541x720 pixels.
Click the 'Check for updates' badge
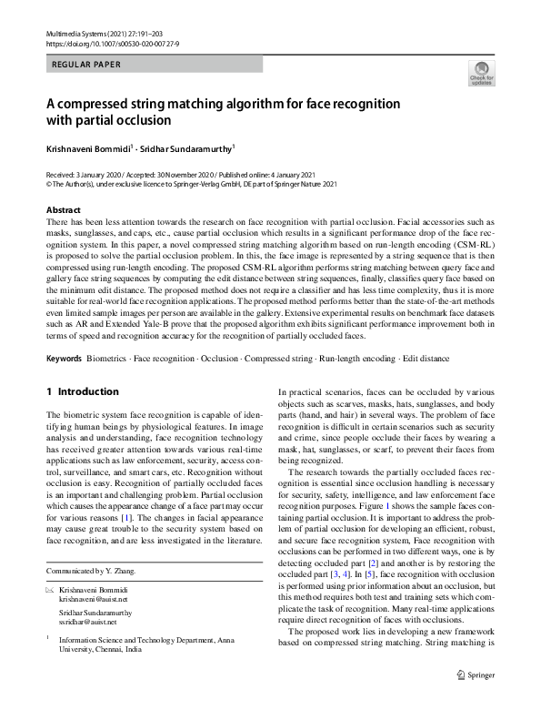pos(481,73)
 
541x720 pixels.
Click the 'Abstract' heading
pos(63,209)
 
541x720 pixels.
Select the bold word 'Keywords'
pos(64,358)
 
